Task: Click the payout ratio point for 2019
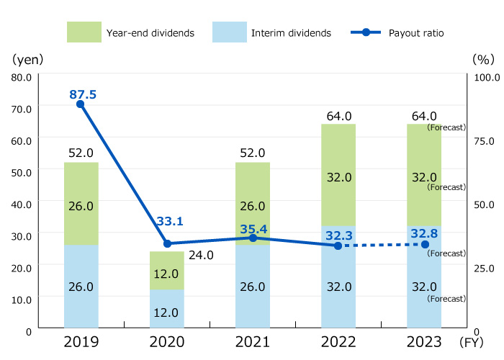coord(80,104)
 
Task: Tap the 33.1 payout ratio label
coord(169,222)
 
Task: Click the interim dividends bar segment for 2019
coord(81,286)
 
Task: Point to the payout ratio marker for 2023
coord(425,245)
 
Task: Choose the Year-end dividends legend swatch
coord(84,32)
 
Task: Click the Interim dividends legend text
coord(291,33)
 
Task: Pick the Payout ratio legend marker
coord(367,32)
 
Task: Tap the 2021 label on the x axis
coord(252,342)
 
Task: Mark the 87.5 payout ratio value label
coord(83,94)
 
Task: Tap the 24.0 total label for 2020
coord(202,254)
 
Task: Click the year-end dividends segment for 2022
coord(338,175)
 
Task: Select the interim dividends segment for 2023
coord(423,278)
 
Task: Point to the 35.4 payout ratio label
coord(254,230)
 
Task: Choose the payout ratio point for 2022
coord(338,246)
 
